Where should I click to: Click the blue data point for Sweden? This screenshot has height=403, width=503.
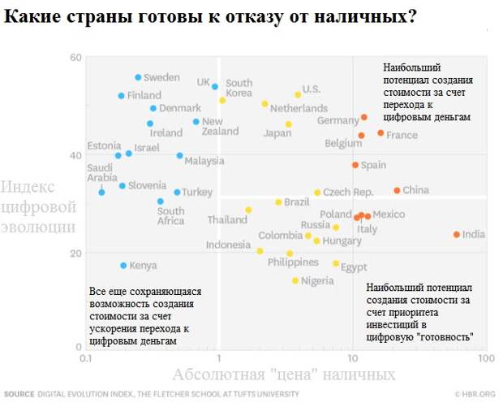[138, 77]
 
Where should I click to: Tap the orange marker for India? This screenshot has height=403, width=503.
[457, 235]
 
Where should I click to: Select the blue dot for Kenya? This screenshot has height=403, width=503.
[123, 266]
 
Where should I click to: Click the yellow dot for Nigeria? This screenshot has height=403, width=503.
[295, 281]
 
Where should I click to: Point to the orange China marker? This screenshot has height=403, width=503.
[397, 191]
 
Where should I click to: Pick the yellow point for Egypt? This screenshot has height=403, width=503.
[336, 263]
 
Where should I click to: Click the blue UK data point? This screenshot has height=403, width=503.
[215, 85]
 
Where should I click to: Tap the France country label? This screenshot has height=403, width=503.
[402, 135]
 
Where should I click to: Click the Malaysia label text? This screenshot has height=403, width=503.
[204, 161]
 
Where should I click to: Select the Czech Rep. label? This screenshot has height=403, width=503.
[348, 193]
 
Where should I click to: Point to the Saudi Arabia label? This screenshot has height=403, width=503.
[103, 172]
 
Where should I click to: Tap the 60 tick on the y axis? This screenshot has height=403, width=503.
[76, 57]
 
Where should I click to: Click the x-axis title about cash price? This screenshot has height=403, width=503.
[283, 375]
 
